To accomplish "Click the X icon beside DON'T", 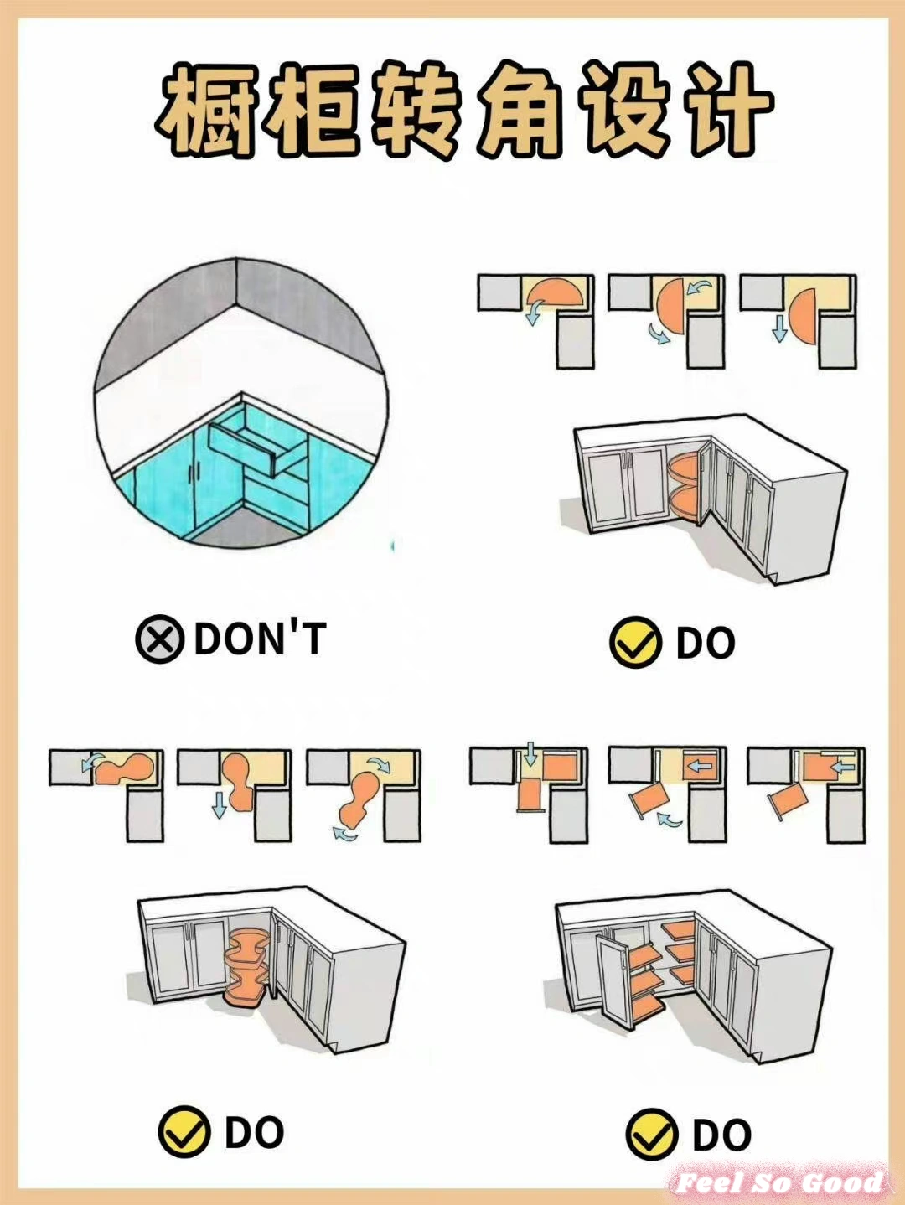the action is coord(159,639).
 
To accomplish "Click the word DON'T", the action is coord(260,639).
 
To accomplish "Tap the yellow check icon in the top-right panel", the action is coord(634,641).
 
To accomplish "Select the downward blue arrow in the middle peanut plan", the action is coord(219,804).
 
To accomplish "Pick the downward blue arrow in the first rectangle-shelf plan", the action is coord(530,753).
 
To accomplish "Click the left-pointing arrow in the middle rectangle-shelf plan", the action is coord(702,765).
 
